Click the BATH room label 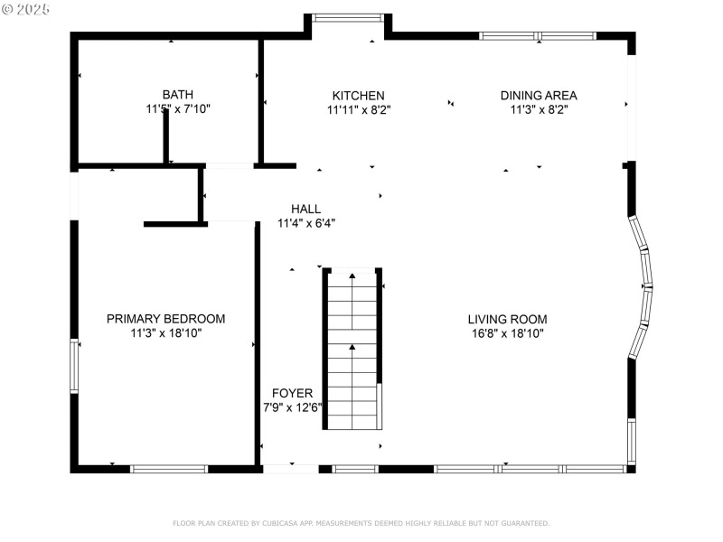(x=177, y=94)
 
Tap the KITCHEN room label (x=358, y=95)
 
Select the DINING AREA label (x=539, y=95)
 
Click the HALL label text (x=305, y=209)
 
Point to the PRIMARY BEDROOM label (x=165, y=319)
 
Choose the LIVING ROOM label (x=507, y=319)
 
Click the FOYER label (x=293, y=393)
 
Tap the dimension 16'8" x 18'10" (x=507, y=333)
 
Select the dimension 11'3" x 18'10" (x=165, y=333)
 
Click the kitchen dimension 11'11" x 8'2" (x=358, y=109)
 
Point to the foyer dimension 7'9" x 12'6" (x=293, y=407)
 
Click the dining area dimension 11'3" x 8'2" (x=539, y=109)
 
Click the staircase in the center (x=352, y=348)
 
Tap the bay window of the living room (x=643, y=286)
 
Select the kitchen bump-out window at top (x=347, y=16)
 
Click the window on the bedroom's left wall (x=75, y=361)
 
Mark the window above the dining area (x=537, y=36)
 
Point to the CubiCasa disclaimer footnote (x=361, y=523)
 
